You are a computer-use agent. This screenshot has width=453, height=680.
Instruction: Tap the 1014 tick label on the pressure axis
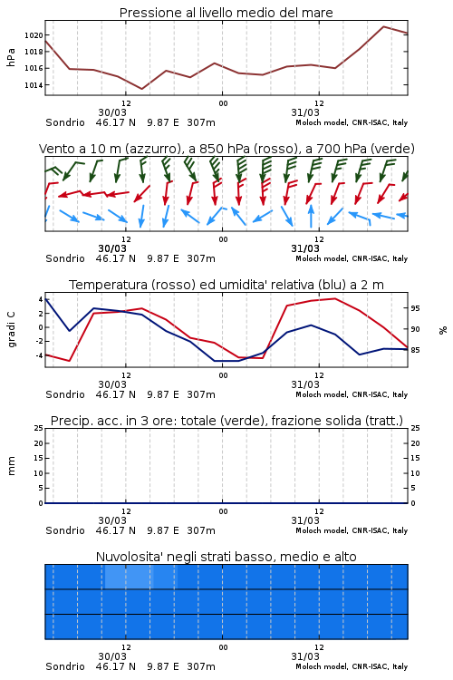pyautogui.click(x=34, y=85)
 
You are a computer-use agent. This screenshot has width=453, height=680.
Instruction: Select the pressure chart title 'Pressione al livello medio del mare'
pyautogui.click(x=226, y=13)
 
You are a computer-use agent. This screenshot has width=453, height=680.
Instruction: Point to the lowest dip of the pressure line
pyautogui.click(x=141, y=89)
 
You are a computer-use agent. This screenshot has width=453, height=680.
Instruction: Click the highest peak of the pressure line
pyautogui.click(x=383, y=26)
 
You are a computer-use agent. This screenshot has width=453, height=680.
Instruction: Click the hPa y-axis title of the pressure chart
pyautogui.click(x=11, y=57)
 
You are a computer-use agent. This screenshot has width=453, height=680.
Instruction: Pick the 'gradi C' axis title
pyautogui.click(x=12, y=329)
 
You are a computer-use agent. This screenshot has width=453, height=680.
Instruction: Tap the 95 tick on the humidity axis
pyautogui.click(x=415, y=308)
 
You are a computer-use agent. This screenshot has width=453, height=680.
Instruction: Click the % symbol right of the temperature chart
pyautogui.click(x=443, y=330)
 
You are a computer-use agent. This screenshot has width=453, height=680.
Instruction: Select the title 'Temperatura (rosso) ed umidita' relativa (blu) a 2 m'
pyautogui.click(x=226, y=285)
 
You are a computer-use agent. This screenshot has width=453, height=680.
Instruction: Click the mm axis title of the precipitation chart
pyautogui.click(x=11, y=465)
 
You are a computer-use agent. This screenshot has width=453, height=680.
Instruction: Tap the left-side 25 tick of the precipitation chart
pyautogui.click(x=39, y=428)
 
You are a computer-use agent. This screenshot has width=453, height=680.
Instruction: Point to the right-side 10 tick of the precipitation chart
pyautogui.click(x=415, y=473)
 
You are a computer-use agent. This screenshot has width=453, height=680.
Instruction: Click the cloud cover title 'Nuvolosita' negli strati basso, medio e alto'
pyautogui.click(x=226, y=557)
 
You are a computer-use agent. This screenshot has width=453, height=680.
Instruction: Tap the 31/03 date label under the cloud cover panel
pyautogui.click(x=305, y=656)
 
